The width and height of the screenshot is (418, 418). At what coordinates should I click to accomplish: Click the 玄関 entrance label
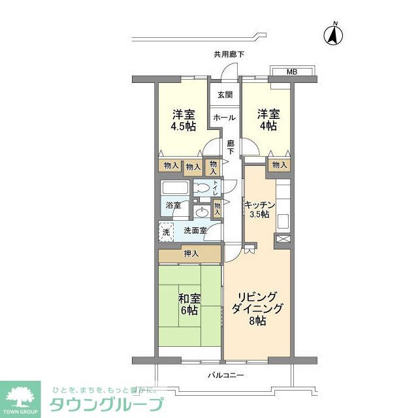225,95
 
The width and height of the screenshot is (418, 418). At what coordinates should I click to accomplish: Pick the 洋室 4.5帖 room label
184,120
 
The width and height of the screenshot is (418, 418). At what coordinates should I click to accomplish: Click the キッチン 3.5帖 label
261,209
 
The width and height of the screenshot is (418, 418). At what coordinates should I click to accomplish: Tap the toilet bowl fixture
204,189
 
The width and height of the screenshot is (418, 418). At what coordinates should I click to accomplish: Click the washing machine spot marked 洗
166,231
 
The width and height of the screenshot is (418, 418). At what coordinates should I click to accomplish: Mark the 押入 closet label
191,253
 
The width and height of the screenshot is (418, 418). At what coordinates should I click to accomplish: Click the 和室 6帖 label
189,304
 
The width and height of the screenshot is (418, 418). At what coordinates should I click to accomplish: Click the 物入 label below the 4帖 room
279,165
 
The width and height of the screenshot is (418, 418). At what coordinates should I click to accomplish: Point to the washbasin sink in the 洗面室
201,212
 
